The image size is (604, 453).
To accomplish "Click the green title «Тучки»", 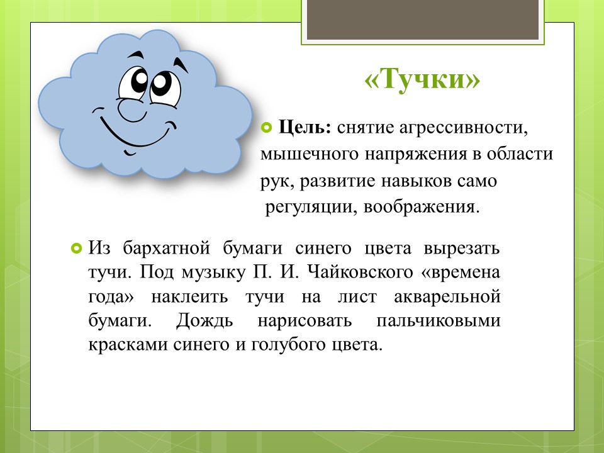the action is coord(422,79).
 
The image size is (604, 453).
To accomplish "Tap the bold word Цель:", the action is coord(305,127).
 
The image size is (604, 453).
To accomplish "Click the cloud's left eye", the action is coord(133,84).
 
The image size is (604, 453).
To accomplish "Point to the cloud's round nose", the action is coord(132,109).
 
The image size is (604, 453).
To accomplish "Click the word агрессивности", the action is coord(463,128).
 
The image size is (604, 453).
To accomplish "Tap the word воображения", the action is coord(422,207).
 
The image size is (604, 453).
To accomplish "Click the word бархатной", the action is coord(166,248).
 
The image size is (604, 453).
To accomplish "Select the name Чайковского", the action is coord(360,272).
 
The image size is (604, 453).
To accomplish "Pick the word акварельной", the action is coord(447,297).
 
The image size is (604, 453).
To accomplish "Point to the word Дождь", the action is coord(204,321).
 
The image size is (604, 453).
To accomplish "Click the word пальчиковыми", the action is coord(439,321).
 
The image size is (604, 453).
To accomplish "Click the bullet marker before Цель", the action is coord(267,128).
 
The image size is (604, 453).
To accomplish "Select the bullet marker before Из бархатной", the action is coord(77,249).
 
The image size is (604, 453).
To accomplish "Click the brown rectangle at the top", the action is coord(422,20).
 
